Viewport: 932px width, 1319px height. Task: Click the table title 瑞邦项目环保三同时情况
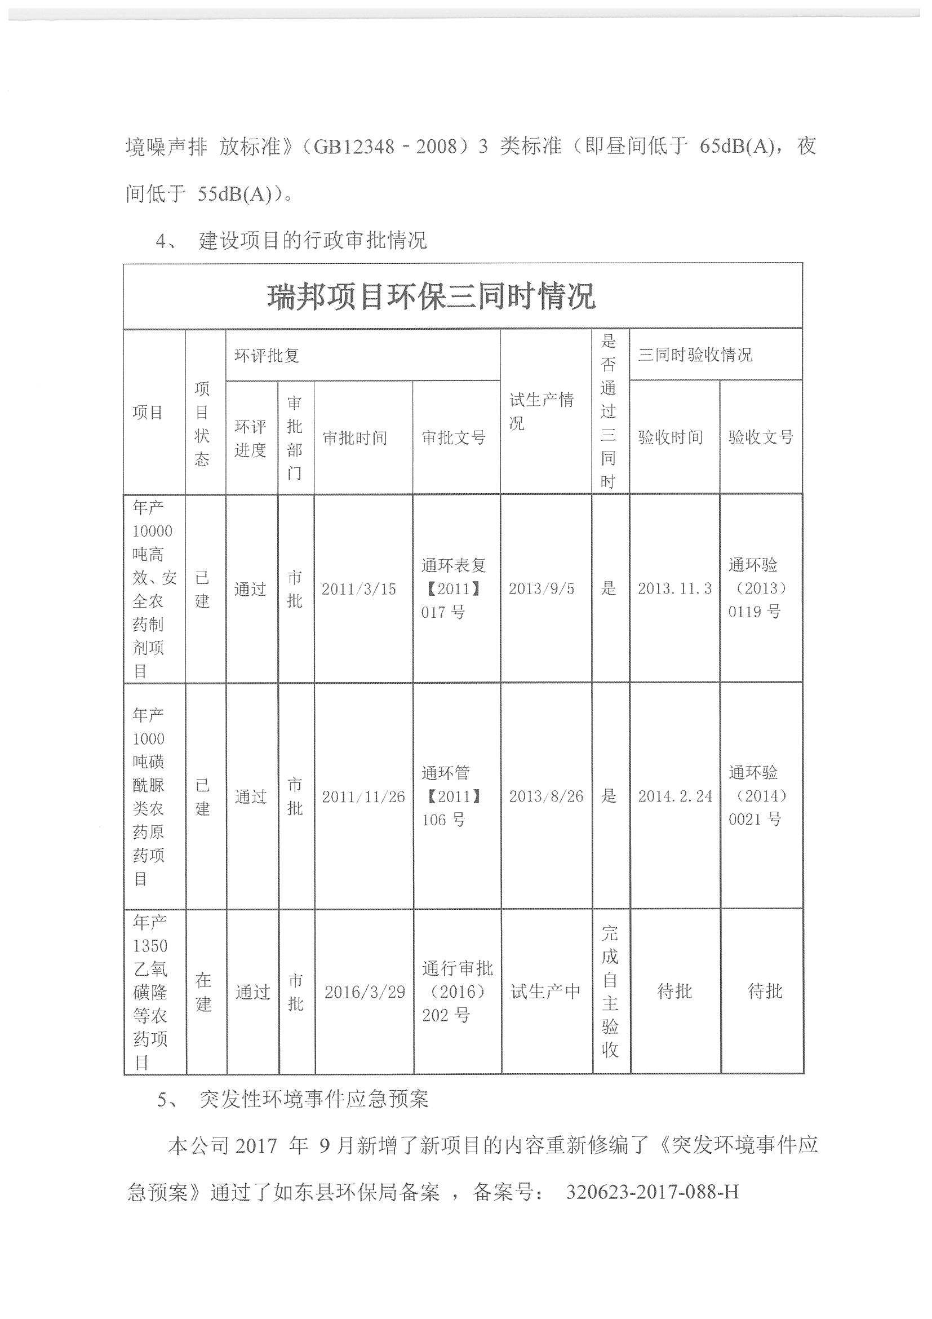[x=431, y=297]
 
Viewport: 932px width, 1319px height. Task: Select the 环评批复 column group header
[x=267, y=355]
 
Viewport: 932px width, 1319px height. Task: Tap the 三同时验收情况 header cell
[x=695, y=355]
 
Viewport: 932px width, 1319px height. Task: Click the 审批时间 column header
[x=355, y=438]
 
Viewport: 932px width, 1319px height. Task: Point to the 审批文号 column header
[x=454, y=438]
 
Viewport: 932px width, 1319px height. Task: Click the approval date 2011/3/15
[x=359, y=589]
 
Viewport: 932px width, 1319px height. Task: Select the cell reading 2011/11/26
[x=363, y=797]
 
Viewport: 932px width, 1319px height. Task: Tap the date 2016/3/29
[x=365, y=992]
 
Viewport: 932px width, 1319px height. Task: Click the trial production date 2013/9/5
[x=542, y=588]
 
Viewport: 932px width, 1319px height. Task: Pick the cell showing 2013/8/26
[x=546, y=796]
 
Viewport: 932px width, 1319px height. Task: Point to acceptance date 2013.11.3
[x=674, y=588]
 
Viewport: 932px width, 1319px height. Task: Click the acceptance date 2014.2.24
[x=675, y=796]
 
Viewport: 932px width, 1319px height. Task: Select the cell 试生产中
[x=545, y=992]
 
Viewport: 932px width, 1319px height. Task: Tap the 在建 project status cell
[x=204, y=992]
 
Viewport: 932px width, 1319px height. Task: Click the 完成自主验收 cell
[x=610, y=992]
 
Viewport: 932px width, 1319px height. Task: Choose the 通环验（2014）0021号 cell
[x=758, y=796]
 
